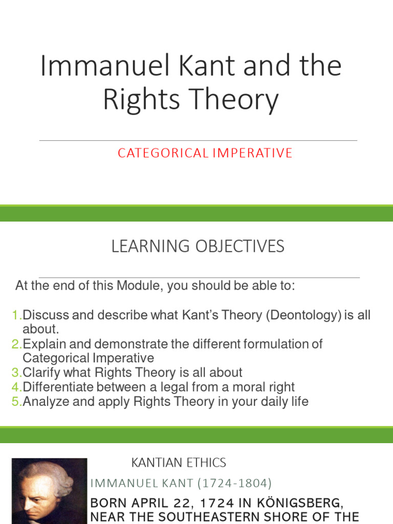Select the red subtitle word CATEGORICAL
pyautogui.click(x=160, y=153)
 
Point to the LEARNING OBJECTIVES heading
pyautogui.click(x=198, y=247)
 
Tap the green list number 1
pyautogui.click(x=15, y=315)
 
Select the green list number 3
pyautogui.click(x=15, y=373)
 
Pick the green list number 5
pyautogui.click(x=15, y=401)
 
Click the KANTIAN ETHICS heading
pyautogui.click(x=179, y=463)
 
